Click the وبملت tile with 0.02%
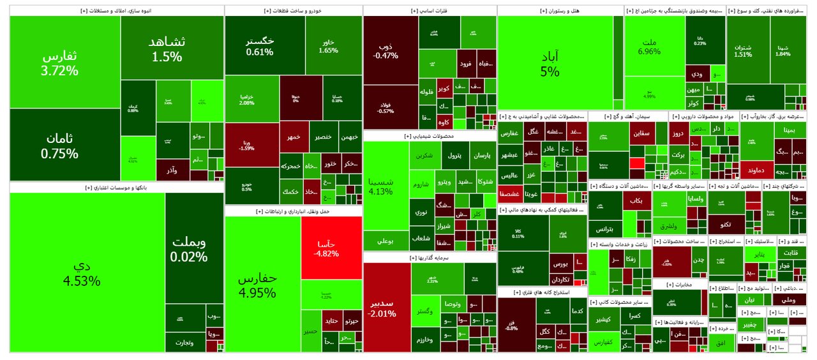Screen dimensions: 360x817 point(188,250)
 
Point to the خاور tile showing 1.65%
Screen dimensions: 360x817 point(327,46)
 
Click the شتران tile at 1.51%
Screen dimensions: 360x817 point(743,50)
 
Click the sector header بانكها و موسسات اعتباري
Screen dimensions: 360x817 point(116,188)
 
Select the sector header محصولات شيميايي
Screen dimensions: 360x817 point(429,136)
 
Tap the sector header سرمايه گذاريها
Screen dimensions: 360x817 point(429,257)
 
